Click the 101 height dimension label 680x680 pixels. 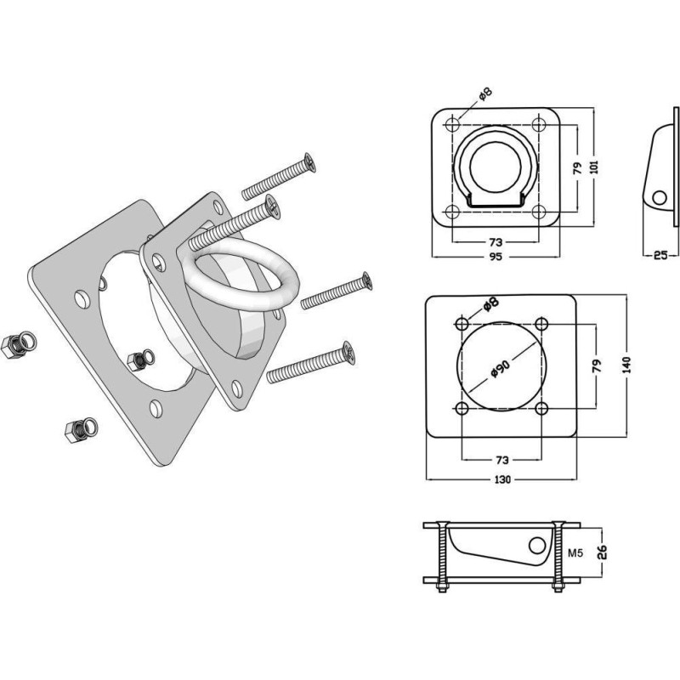pos(594,167)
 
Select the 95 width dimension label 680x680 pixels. pos(496,257)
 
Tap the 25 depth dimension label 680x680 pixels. pos(660,256)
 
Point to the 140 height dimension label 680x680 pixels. pos(627,365)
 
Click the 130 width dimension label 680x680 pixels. pos(502,479)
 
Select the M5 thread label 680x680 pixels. pos(575,553)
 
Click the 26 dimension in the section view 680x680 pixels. pos(602,552)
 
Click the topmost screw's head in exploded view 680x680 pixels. pos(309,162)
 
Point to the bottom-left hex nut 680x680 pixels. pos(81,429)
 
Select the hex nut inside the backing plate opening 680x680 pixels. pos(141,360)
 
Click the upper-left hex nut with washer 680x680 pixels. pos(19,345)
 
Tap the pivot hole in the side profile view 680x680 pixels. pos(660,198)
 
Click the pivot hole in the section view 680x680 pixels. pos(537,546)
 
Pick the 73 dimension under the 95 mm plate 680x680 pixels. pos(496,242)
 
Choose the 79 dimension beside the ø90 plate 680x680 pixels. pos(598,365)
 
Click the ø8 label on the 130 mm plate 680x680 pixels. pos(491,304)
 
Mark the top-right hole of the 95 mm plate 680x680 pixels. pos(538,125)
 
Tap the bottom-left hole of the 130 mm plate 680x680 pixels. pos(462,408)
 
